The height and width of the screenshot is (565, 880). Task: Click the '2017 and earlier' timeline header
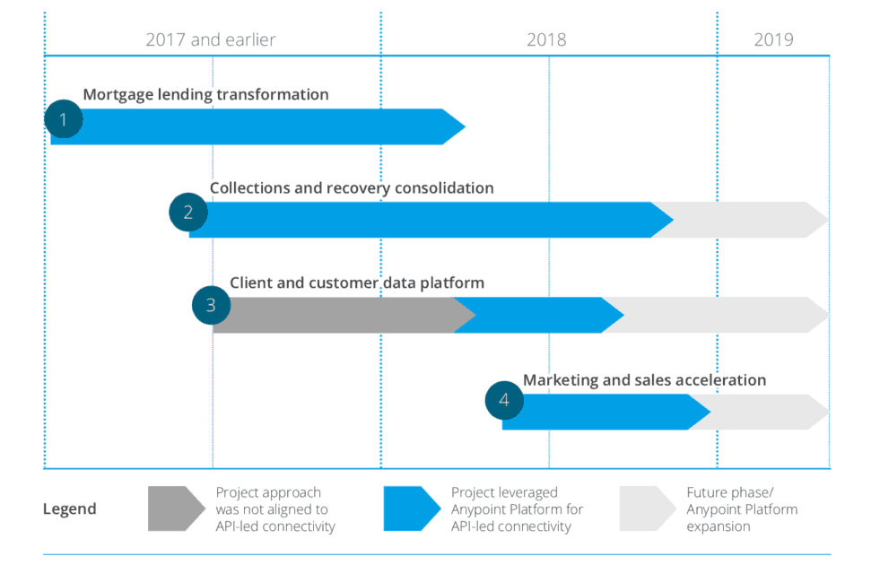[211, 39]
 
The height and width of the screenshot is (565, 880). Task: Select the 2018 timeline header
[546, 39]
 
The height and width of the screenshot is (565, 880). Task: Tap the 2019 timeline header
[773, 39]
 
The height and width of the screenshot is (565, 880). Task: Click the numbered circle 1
[63, 119]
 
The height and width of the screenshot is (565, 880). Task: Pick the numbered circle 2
[188, 213]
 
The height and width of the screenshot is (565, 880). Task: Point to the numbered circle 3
[211, 305]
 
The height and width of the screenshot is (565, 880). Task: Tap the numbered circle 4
[504, 400]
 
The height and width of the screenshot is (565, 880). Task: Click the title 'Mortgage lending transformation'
[205, 94]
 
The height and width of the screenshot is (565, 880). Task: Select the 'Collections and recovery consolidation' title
[352, 188]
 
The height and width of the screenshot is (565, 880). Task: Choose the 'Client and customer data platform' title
[357, 282]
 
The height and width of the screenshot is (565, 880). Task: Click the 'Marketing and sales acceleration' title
[644, 380]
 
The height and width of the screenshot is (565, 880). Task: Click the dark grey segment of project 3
[341, 315]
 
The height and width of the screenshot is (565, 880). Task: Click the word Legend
[70, 509]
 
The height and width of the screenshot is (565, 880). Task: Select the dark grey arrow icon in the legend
[175, 509]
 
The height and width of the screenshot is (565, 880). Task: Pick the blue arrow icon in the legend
[411, 509]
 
